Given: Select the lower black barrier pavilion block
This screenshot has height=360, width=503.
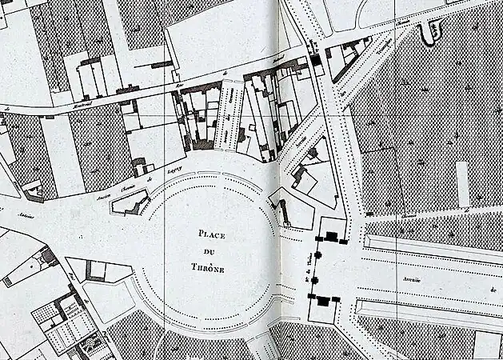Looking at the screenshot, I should tap(322, 300).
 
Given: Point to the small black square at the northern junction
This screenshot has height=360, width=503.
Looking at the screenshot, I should tap(317, 60).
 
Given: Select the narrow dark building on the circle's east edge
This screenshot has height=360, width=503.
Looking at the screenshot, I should tap(283, 213).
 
